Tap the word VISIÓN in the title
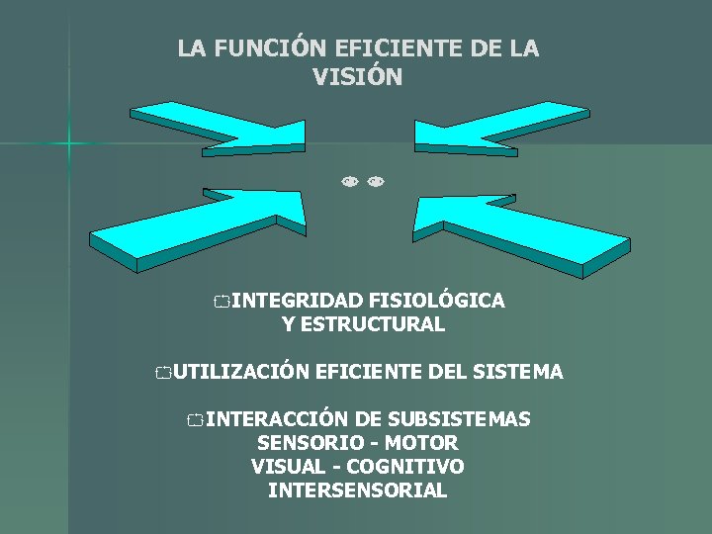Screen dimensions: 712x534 [x=357, y=77]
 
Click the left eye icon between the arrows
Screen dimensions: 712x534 [x=349, y=182]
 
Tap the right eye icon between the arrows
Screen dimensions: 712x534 [x=375, y=182]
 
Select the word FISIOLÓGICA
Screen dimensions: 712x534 [x=436, y=301]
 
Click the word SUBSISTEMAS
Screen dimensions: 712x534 [x=459, y=419]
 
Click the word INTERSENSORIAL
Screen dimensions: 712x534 [x=357, y=490]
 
